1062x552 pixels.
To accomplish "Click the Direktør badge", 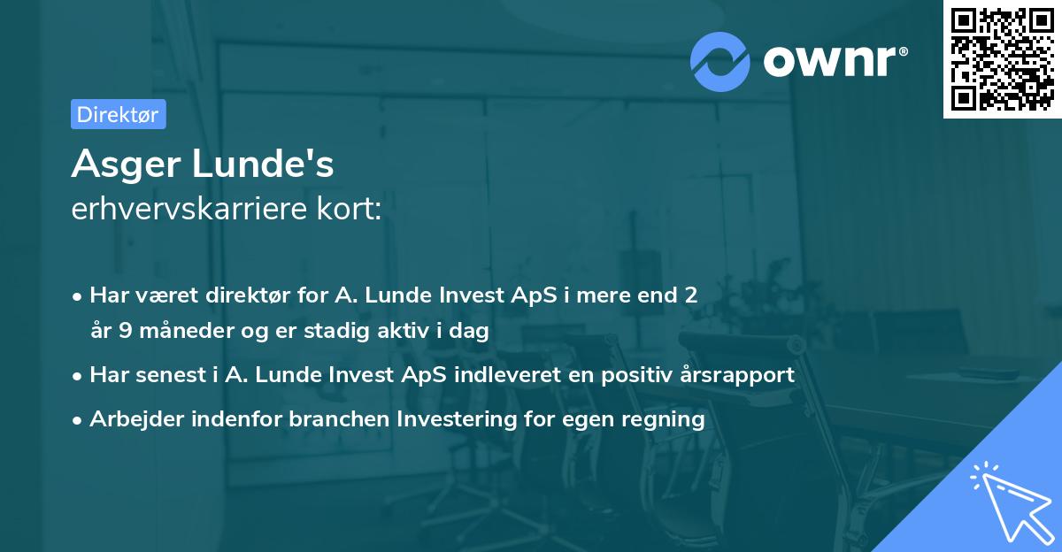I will [x=118, y=114].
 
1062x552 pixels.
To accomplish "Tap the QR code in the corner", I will [x=1002, y=59].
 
